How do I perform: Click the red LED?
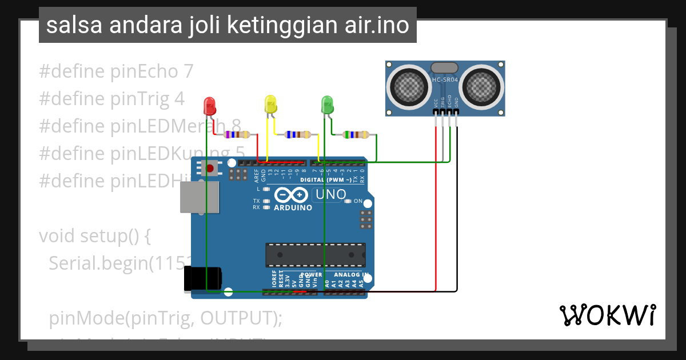coord(210,105)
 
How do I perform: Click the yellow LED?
coord(270,104)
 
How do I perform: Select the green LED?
coord(328,104)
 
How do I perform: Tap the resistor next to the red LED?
coord(237,135)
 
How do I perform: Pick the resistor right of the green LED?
coord(355,135)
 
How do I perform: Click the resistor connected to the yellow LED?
coord(297,135)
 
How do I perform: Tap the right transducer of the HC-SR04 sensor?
coord(482,86)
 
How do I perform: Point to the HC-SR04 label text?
coord(445,81)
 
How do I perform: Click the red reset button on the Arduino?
coord(210,169)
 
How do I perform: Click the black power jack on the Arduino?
coord(202,279)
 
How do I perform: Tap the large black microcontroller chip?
coord(315,255)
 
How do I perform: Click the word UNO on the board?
coord(331,194)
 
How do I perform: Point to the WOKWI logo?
coord(607,315)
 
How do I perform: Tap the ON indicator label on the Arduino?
coord(358,201)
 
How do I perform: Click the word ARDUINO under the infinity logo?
coord(293,208)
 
